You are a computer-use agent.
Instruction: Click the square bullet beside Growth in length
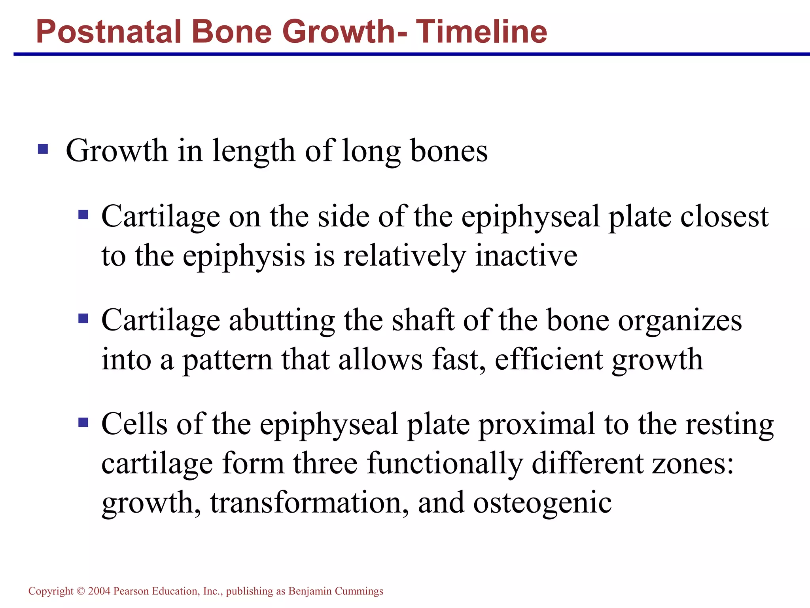(43, 149)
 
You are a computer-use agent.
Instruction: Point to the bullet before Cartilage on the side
(83, 215)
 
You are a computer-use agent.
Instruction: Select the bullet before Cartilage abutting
(83, 319)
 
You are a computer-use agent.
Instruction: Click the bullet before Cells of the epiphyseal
(83, 422)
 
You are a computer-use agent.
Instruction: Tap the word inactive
(526, 255)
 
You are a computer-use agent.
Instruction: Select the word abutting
(282, 321)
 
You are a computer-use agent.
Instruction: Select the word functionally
(445, 464)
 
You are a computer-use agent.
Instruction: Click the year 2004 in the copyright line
(99, 591)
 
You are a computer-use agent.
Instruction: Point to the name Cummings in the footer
(359, 591)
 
